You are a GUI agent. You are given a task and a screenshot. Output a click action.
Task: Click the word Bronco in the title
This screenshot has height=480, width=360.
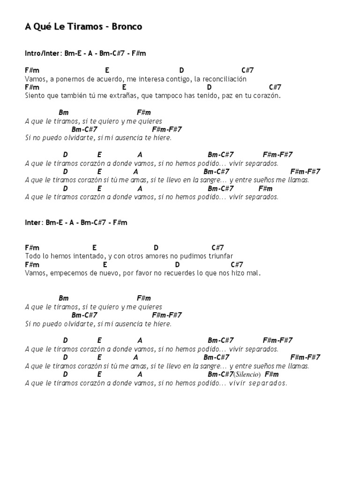[x=127, y=27]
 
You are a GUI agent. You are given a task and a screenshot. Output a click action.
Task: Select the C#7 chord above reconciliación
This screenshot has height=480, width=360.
[x=247, y=70]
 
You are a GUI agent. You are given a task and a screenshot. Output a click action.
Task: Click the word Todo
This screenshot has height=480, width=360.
[x=32, y=256]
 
